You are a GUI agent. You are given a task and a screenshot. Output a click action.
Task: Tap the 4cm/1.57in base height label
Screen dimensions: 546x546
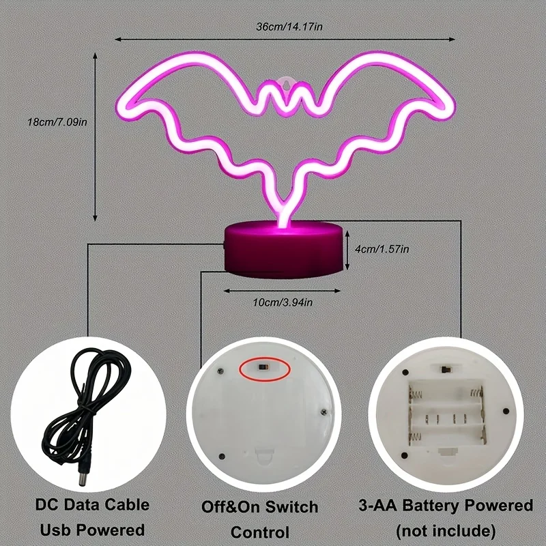click(x=382, y=250)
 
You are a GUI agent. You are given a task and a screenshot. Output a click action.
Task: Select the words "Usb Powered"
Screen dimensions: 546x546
click(x=93, y=530)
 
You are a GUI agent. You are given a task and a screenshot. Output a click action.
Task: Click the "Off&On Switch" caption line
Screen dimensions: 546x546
click(x=259, y=507)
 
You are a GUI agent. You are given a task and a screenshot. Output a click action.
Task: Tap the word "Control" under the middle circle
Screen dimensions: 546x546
click(x=259, y=532)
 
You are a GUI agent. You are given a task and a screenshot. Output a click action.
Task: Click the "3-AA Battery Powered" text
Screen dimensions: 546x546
click(x=446, y=506)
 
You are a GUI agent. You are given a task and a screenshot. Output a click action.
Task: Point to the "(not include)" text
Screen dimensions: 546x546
click(x=446, y=530)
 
